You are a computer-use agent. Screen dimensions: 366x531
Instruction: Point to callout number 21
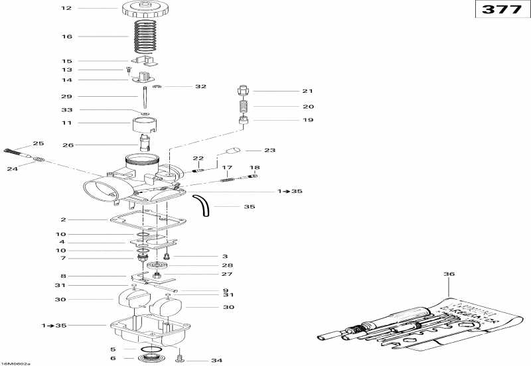[288, 91]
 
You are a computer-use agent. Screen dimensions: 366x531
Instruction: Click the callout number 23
[269, 150]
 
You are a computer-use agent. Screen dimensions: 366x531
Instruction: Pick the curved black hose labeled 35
[202, 204]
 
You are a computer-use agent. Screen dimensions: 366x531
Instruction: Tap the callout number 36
[449, 274]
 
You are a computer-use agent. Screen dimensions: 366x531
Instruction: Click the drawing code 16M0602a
[16, 363]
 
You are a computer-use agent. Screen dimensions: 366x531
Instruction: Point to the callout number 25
[38, 143]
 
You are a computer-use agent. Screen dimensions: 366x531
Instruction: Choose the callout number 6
[113, 358]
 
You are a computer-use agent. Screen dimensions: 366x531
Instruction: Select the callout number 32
[200, 86]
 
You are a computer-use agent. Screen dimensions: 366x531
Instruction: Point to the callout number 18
[254, 167]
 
